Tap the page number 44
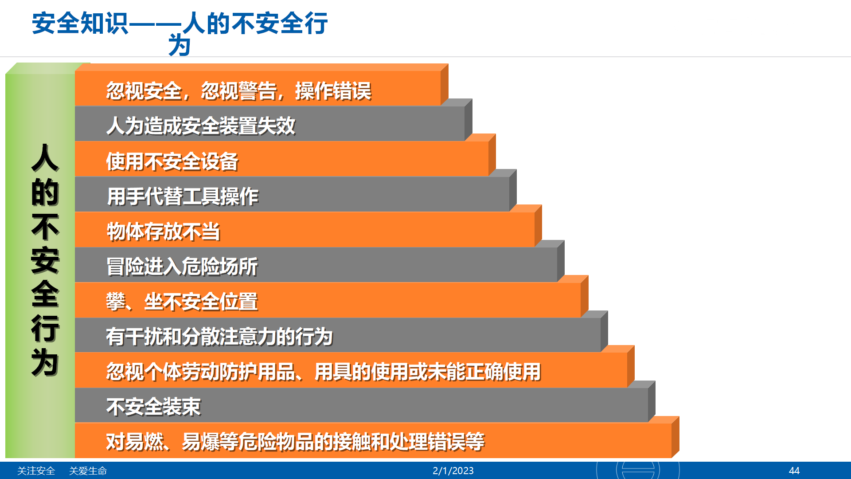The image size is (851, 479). tap(794, 471)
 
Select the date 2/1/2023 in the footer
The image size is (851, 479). tap(453, 471)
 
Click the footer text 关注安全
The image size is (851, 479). tap(36, 471)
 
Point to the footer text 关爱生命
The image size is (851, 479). tap(88, 471)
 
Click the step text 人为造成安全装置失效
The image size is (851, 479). tap(201, 126)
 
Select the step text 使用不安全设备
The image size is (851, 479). tap(172, 161)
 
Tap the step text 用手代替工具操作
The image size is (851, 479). tap(183, 196)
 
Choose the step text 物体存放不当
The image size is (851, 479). tap(164, 231)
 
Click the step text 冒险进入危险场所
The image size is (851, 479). tap(182, 267)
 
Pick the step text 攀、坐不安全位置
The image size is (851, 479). tap(182, 302)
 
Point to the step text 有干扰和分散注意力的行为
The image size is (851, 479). tap(219, 337)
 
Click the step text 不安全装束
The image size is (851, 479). tap(154, 407)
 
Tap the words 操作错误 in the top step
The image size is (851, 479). tap(333, 91)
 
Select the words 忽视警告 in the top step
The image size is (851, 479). tap(239, 91)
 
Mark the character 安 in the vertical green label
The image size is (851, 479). tap(45, 260)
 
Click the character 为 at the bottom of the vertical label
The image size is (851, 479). tap(45, 362)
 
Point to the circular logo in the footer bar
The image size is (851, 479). tap(638, 470)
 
